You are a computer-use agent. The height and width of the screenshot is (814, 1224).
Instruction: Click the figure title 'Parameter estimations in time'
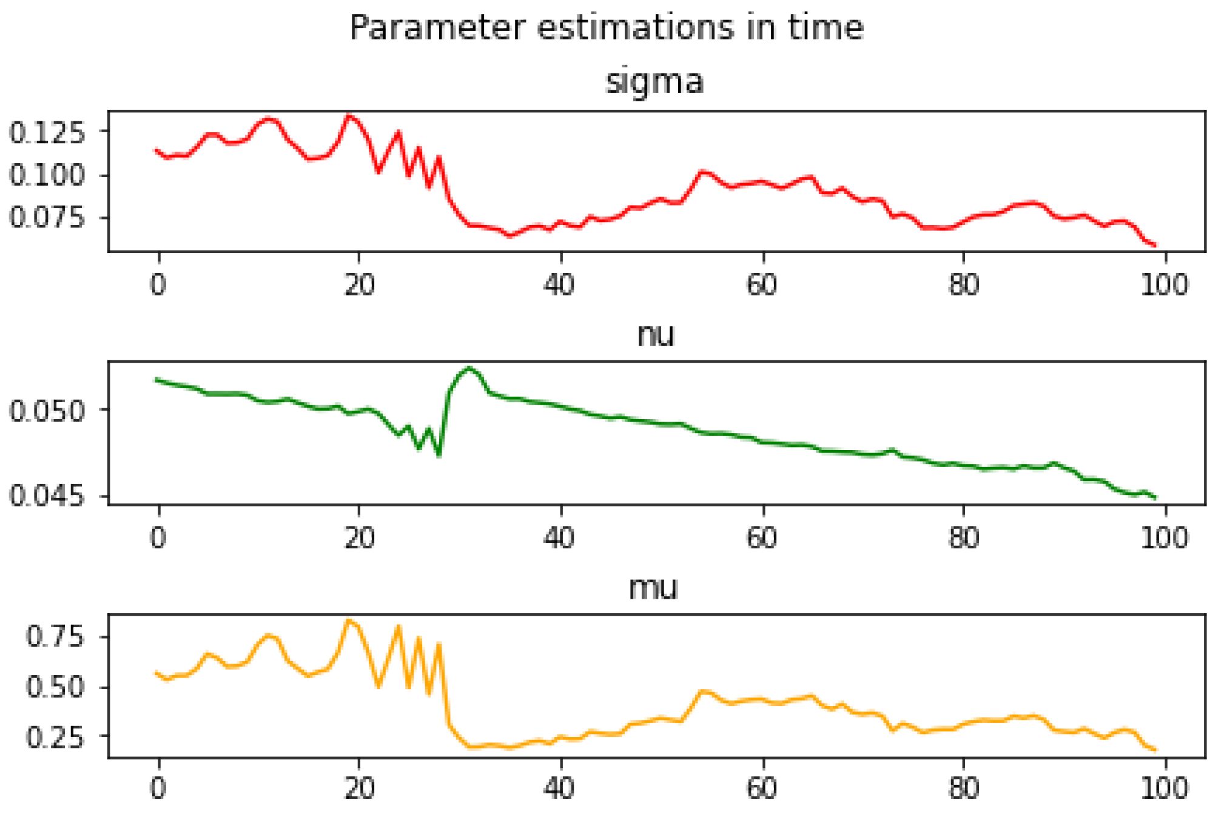(x=607, y=28)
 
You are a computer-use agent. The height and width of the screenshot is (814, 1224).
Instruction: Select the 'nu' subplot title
(x=656, y=335)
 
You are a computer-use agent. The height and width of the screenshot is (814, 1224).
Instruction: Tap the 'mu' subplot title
(x=653, y=588)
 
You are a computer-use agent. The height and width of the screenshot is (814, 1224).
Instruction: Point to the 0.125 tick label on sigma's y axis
(x=47, y=132)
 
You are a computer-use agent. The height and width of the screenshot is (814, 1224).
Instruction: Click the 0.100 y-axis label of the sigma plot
(x=47, y=175)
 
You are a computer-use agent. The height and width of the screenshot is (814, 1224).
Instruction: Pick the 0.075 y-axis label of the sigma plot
(x=47, y=217)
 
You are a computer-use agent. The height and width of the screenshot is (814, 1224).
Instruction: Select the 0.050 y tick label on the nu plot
(x=47, y=411)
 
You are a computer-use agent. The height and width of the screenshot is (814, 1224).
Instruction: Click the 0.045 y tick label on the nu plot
(x=47, y=496)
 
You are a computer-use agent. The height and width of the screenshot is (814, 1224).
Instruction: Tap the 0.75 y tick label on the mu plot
(x=55, y=637)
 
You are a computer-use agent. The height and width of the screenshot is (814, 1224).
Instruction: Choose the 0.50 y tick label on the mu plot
(x=55, y=687)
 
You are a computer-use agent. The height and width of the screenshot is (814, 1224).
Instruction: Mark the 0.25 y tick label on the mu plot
(x=55, y=737)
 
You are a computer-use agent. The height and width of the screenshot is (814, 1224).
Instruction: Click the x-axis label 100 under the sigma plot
(x=1165, y=284)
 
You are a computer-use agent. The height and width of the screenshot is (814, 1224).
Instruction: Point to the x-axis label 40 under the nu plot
(x=560, y=537)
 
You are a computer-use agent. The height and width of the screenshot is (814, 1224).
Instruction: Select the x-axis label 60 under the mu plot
(x=762, y=789)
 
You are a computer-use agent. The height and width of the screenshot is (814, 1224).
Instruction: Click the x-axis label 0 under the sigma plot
(x=158, y=284)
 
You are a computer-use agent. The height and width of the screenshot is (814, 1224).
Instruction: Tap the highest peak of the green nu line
(x=469, y=368)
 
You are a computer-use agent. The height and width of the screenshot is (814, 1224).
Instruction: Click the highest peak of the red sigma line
(x=349, y=115)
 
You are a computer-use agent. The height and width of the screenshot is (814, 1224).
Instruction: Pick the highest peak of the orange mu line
(x=348, y=621)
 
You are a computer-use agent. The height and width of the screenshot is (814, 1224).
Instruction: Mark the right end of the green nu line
(x=1155, y=498)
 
